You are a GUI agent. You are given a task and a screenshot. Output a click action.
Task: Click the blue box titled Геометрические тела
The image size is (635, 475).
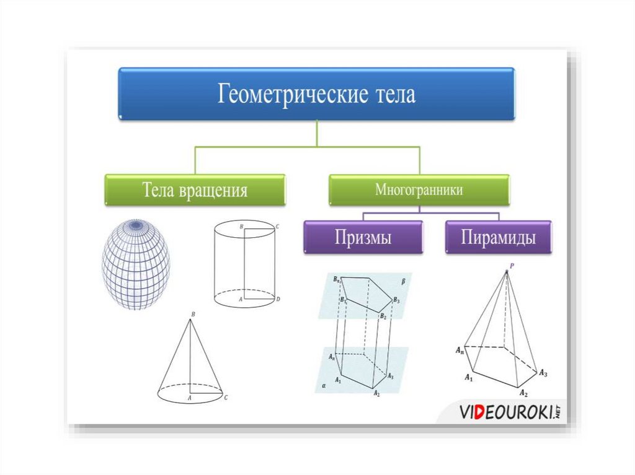316,94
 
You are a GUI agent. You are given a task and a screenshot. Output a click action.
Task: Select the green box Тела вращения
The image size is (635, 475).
194,190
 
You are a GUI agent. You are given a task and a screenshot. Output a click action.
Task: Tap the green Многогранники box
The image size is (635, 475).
419,190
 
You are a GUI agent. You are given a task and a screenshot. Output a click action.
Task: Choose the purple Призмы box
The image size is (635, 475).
363,237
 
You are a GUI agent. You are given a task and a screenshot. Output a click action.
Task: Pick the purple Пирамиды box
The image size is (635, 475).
498,237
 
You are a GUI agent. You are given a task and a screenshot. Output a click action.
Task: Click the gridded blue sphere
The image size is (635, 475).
136,264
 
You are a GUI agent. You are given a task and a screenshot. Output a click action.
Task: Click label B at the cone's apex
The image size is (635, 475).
193,315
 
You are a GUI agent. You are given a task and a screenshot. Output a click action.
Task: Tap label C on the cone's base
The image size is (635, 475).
226,397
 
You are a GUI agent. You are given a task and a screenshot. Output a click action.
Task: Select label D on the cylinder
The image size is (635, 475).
278,300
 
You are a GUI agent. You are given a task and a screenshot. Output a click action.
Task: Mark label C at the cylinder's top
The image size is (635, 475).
277,227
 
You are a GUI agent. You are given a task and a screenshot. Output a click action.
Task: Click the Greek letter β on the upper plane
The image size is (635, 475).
403,282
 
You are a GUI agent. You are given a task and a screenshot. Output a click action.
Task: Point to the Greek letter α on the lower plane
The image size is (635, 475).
324,385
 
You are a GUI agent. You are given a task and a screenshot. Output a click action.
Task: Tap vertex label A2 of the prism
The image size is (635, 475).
376,393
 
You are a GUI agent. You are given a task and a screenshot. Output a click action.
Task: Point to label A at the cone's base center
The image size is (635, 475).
189,399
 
